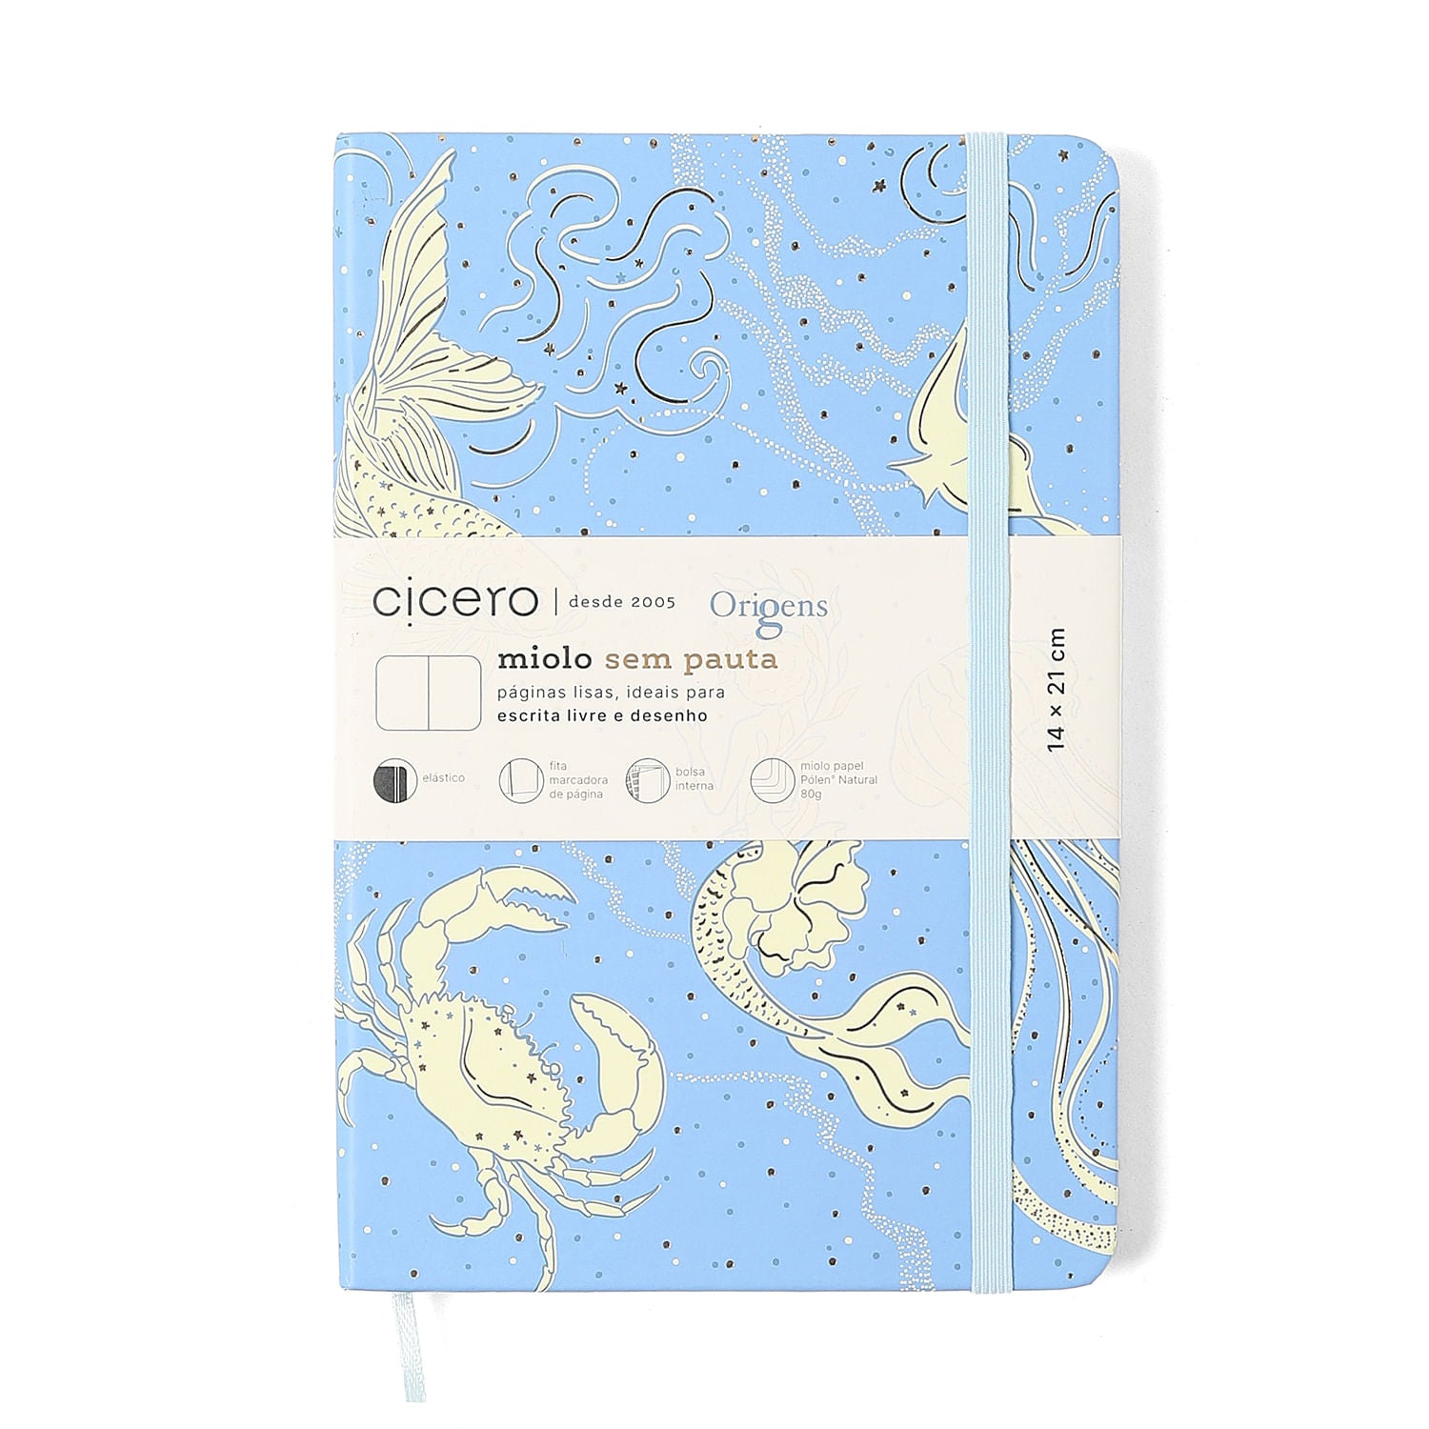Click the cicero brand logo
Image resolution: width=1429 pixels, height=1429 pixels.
(x=454, y=600)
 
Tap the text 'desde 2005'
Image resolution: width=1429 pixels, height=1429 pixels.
(x=621, y=602)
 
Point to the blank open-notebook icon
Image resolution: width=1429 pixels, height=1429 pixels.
(x=429, y=693)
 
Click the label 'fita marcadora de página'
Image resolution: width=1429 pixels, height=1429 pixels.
(x=577, y=779)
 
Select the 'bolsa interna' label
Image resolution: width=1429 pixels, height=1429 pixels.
(x=694, y=778)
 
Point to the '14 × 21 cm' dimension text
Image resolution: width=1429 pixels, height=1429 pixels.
(x=1056, y=689)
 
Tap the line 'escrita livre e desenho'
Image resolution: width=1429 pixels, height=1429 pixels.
(x=602, y=714)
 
